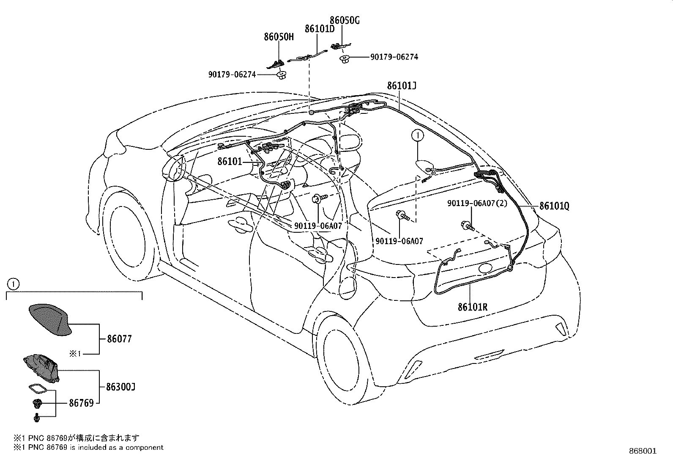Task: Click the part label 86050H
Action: click(279, 37)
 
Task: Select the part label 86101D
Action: click(320, 29)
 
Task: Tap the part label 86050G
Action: click(345, 20)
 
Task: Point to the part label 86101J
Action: click(402, 86)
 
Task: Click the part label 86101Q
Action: click(554, 206)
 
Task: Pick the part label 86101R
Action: click(472, 307)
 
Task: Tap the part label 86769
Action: click(81, 403)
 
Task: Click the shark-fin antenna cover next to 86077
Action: click(49, 319)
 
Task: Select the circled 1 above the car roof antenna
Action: click(417, 135)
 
